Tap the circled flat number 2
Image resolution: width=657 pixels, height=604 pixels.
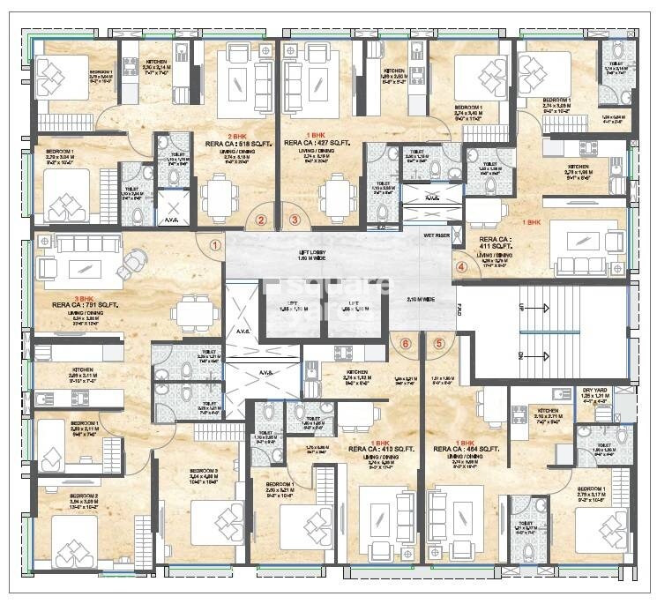tap(261, 222)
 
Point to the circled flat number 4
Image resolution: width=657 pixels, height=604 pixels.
tap(461, 267)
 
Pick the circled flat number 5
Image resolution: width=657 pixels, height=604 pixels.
tap(439, 344)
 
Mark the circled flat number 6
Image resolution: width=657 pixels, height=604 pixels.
tap(406, 344)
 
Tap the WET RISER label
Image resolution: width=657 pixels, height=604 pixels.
tap(437, 236)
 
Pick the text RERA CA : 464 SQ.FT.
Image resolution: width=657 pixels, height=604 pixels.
tap(467, 449)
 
